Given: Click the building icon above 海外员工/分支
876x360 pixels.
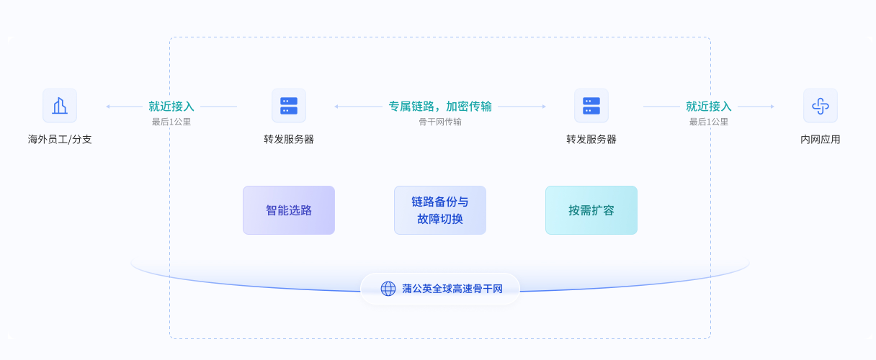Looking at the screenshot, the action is pos(60,106).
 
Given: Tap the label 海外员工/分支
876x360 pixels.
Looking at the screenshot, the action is pos(60,139).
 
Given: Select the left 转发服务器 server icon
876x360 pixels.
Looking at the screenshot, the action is pos(289,106).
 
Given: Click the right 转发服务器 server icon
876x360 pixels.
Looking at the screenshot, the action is pos(591,106).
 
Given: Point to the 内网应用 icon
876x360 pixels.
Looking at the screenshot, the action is pos(820,106).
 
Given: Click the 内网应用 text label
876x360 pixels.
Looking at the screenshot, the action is pos(820,139).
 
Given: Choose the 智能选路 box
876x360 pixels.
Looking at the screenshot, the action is pos(289,210).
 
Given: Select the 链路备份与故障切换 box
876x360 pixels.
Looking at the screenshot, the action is pos(440,210).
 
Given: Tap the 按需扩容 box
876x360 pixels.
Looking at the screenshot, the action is pos(591,210).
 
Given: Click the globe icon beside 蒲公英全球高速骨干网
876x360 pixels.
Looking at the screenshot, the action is pos(388,289).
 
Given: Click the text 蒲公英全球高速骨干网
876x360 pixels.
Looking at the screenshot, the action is pos(452,289).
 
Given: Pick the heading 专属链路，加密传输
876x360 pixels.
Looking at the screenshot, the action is pos(440,106).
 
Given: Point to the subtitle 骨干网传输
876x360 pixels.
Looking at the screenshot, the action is pos(440,122).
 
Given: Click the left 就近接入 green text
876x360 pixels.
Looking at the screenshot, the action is pos(171,106).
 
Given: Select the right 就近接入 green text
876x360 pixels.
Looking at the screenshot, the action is pos(709,106).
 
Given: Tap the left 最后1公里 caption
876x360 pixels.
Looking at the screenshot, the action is pos(171,122).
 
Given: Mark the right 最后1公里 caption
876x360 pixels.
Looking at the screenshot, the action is pos(709,122).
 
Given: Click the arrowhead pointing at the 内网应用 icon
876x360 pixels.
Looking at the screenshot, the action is pos(772,107).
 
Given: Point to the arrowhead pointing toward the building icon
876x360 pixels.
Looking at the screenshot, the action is pos(108,107).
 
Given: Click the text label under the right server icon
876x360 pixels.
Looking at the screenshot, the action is pos(591,139).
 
